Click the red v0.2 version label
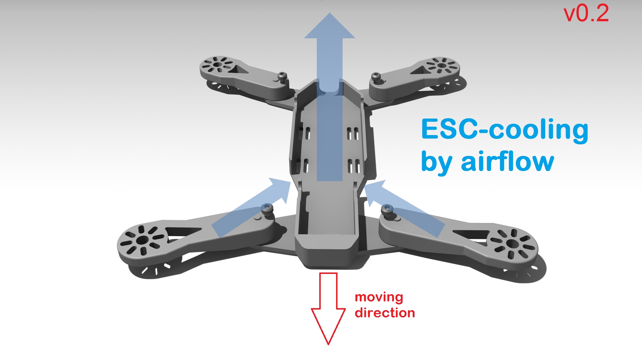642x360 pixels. (x=586, y=14)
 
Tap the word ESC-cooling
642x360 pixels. (x=505, y=130)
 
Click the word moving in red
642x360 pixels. (x=379, y=298)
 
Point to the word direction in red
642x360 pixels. (x=385, y=312)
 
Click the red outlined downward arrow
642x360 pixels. (x=328, y=309)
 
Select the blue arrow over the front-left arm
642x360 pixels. (x=251, y=207)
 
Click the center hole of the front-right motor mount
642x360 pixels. (x=512, y=244)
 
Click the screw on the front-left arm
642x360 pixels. (x=267, y=210)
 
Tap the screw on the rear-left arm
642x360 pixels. (x=282, y=77)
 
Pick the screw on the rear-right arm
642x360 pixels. (x=376, y=77)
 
